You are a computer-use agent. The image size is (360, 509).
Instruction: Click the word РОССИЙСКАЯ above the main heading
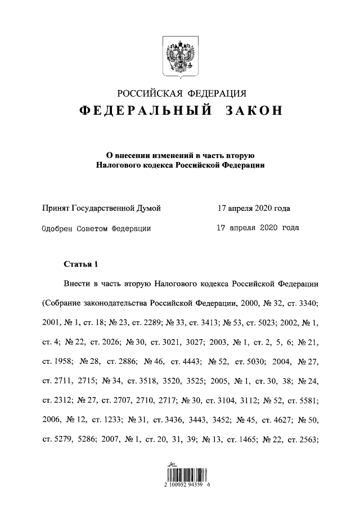(147, 93)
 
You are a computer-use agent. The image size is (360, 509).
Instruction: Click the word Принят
(56, 209)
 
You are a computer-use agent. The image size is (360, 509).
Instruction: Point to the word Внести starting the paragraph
(77, 284)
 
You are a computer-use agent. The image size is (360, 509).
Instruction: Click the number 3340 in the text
(306, 304)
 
